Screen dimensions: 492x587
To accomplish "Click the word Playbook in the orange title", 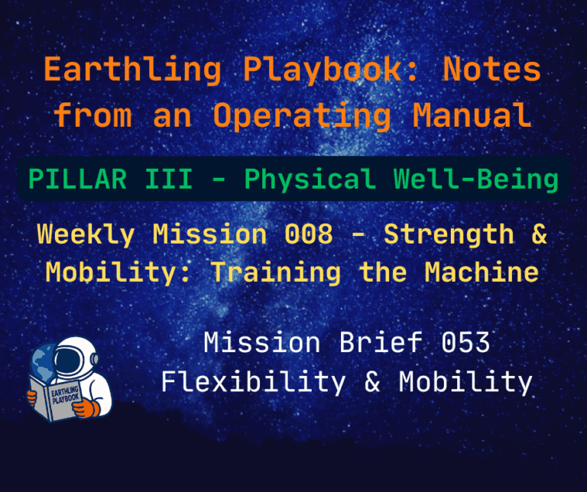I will click(x=313, y=70).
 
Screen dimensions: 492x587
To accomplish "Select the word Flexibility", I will click(x=253, y=380).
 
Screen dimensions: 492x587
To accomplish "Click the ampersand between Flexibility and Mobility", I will click(x=373, y=380).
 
